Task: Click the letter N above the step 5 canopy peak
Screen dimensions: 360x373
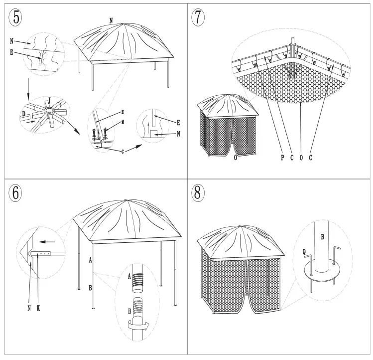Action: pyautogui.click(x=111, y=20)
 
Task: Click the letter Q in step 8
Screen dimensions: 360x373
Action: pyautogui.click(x=298, y=252)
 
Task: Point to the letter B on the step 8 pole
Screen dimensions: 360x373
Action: pyautogui.click(x=322, y=236)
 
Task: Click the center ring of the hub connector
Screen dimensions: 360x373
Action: pyautogui.click(x=49, y=111)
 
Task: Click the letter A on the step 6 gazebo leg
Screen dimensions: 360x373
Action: pyautogui.click(x=90, y=260)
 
